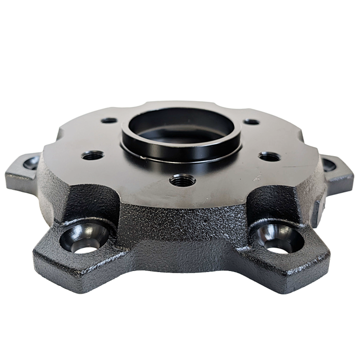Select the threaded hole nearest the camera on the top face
pos(183,181)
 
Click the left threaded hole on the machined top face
pos(93,155)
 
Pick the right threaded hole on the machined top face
pos(269,156)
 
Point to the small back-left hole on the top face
pos(109,120)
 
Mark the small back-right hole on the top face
pos(251,122)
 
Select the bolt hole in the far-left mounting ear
pos(31,163)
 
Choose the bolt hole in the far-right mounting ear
pos(329,165)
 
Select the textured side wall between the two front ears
pos(180,226)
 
